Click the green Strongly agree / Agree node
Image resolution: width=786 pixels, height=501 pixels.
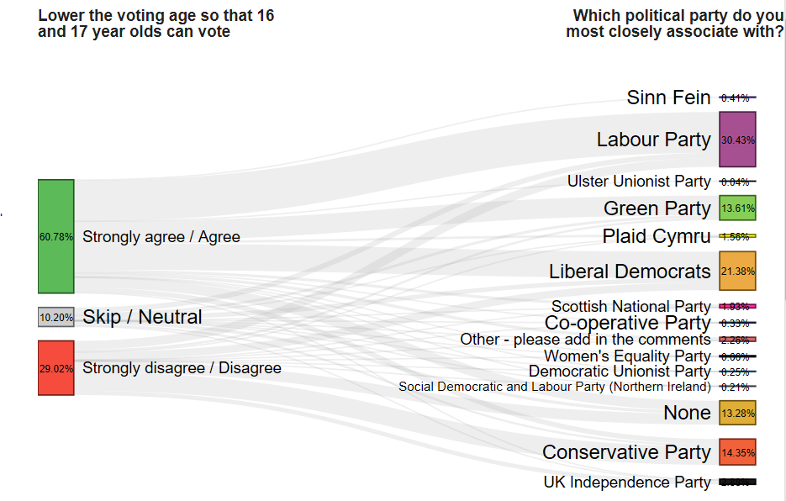point(55,236)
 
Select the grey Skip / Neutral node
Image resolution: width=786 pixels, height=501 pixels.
point(55,317)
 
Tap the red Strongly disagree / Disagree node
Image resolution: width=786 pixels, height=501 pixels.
point(55,367)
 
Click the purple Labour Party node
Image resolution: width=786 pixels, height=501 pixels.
point(737,140)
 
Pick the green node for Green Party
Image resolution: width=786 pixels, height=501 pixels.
point(737,208)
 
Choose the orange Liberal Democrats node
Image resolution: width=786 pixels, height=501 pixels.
point(737,271)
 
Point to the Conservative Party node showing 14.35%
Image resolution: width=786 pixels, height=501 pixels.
point(737,452)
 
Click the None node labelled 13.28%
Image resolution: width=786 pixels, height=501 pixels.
point(737,412)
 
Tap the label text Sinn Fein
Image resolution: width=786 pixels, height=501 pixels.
point(668,98)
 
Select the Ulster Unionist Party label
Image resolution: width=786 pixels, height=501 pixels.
point(639,182)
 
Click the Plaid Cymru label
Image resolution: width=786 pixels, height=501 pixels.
point(656,236)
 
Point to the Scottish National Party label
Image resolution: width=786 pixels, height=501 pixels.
point(630,307)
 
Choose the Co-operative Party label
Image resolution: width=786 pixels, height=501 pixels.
point(627,323)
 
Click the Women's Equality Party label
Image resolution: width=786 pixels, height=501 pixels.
point(627,356)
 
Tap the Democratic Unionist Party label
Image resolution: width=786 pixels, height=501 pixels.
point(620,372)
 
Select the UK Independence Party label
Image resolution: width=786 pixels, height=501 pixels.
point(626,483)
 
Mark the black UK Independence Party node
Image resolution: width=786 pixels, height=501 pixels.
point(737,482)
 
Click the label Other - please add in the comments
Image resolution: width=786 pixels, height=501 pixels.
point(585,340)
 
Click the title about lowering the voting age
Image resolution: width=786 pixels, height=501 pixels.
point(156,24)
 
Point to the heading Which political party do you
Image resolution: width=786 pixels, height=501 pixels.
point(677,16)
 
